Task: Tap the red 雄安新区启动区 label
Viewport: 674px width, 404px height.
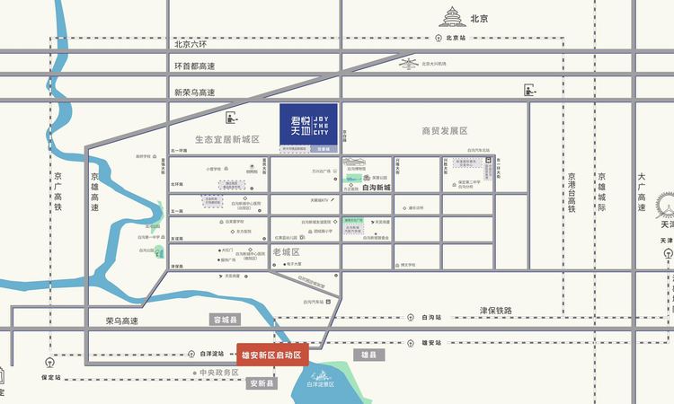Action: point(272,354)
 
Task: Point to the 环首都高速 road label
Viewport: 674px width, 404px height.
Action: point(195,66)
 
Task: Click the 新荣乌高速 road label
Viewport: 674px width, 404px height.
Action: point(195,92)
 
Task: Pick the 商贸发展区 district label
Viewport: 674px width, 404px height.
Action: point(445,131)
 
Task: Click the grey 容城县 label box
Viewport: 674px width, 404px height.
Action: point(225,320)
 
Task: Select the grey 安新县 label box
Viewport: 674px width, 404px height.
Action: point(260,383)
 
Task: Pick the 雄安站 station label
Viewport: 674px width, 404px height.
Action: point(431,342)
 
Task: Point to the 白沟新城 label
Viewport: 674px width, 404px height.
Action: point(376,188)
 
